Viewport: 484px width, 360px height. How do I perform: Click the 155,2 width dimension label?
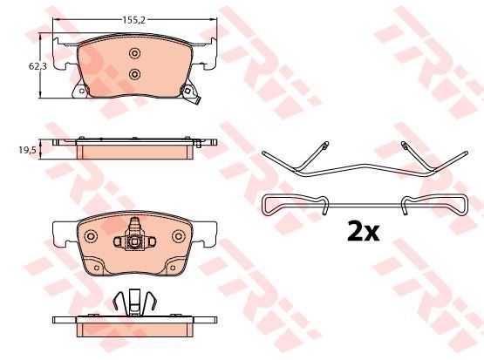pos(133,20)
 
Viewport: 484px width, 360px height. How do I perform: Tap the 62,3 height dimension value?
pos(37,66)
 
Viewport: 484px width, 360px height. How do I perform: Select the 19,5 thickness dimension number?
pos(28,150)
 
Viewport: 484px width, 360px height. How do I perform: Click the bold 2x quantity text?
pos(364,231)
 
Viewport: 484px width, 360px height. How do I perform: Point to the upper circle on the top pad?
pos(134,53)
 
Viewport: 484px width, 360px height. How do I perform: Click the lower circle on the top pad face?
pos(134,74)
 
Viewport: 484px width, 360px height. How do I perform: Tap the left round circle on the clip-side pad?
pos(91,236)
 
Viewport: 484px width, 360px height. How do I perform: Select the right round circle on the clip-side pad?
pos(179,236)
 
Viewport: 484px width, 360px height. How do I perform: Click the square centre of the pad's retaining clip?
pos(134,241)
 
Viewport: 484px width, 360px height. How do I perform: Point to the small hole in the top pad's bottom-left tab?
pos(81,91)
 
